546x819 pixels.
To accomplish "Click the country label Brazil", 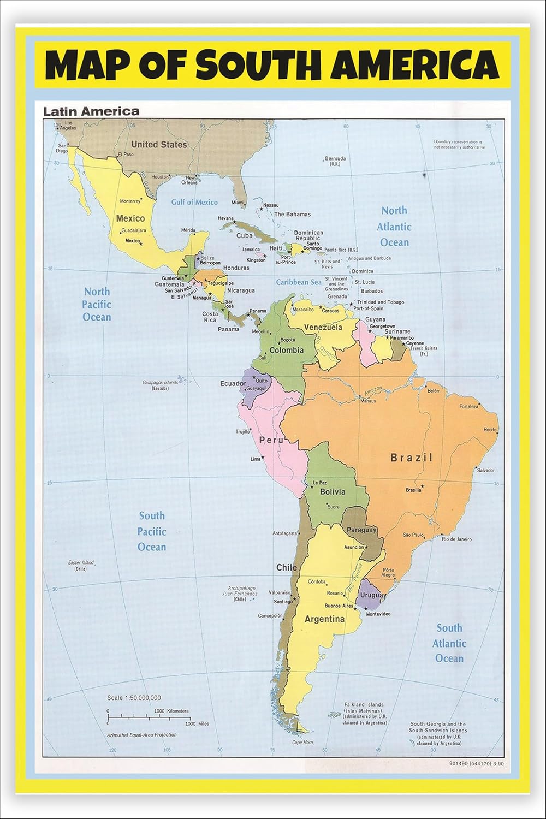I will pyautogui.click(x=411, y=458).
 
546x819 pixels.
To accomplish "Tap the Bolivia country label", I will pyautogui.click(x=333, y=491).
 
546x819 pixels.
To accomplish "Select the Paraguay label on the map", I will pyautogui.click(x=362, y=530).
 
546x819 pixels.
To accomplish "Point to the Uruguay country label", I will pyautogui.click(x=373, y=595).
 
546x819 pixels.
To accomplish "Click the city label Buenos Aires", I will pyautogui.click(x=339, y=606).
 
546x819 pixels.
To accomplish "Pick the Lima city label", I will pyautogui.click(x=256, y=459).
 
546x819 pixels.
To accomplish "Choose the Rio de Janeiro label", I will pyautogui.click(x=456, y=539).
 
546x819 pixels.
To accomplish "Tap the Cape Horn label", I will pyautogui.click(x=302, y=742).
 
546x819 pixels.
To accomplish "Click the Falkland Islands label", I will pyautogui.click(x=364, y=705).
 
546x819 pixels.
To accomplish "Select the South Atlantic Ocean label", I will pyautogui.click(x=449, y=643).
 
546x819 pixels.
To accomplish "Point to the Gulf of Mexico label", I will pyautogui.click(x=194, y=202).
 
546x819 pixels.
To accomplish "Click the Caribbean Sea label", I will pyautogui.click(x=299, y=282).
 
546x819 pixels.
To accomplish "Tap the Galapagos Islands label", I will pyautogui.click(x=160, y=383).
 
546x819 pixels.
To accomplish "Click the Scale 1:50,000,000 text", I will pyautogui.click(x=134, y=698).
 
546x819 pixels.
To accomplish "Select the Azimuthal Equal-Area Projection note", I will pyautogui.click(x=142, y=735).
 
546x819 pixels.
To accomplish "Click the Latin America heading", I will pyautogui.click(x=91, y=111).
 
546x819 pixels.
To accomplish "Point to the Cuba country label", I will pyautogui.click(x=244, y=236).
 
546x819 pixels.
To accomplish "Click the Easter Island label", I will pyautogui.click(x=81, y=563).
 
